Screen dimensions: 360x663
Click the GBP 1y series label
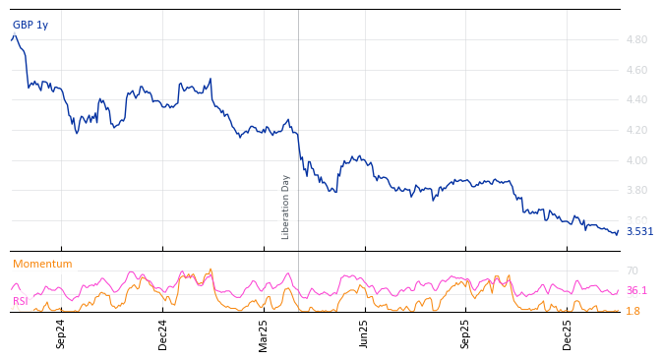(30, 25)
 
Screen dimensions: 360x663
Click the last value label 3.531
(639, 232)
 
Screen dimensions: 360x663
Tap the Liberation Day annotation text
(286, 207)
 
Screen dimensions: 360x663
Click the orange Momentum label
(42, 264)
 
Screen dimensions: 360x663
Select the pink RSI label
(21, 301)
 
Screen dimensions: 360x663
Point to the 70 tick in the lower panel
(632, 270)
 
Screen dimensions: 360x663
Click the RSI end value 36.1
(636, 291)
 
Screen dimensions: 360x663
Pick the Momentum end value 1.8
(633, 311)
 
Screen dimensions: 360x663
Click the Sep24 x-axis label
(61, 333)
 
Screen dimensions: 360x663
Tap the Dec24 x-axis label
(163, 333)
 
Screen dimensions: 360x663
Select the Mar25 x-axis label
(264, 333)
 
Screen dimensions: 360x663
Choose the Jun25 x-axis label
(364, 333)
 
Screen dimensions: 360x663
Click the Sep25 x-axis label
(465, 333)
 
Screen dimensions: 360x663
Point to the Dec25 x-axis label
(568, 333)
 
